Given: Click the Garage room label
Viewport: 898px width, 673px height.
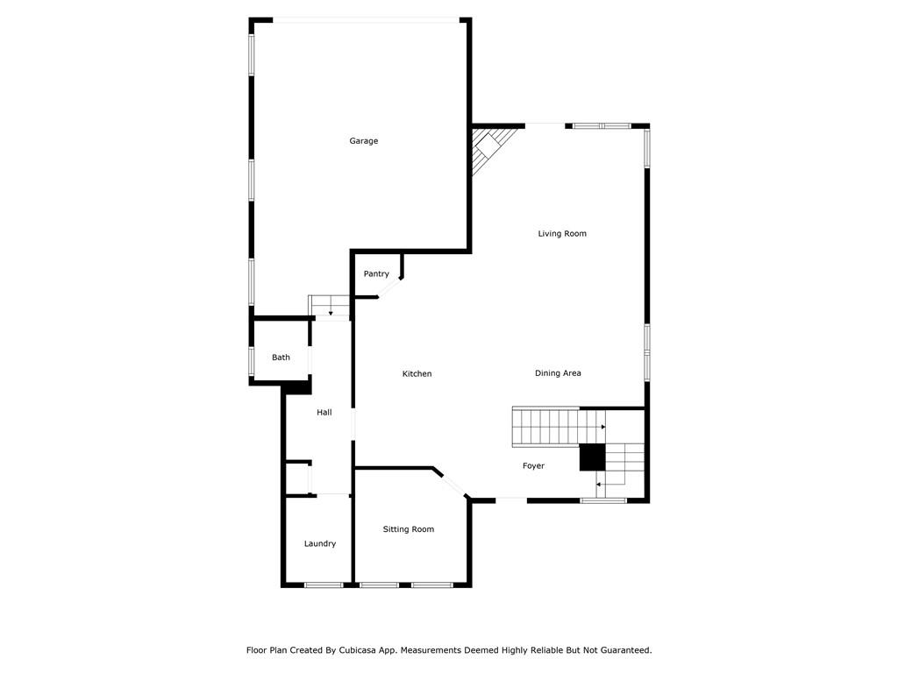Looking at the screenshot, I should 364,141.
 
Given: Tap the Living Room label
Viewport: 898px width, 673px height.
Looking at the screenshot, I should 562,234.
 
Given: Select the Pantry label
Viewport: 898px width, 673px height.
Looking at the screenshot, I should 376,274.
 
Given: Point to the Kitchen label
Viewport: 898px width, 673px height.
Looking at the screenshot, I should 417,374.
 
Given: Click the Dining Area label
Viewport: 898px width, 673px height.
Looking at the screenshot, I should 558,373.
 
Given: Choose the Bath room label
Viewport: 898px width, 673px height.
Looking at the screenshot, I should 281,358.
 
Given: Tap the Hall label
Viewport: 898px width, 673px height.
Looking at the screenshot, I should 324,413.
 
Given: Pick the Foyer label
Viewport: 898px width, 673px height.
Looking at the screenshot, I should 533,466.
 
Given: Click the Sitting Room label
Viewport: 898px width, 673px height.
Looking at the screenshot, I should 409,529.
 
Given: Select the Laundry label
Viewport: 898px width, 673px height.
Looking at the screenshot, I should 320,544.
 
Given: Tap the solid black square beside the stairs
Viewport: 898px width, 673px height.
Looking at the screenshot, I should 592,457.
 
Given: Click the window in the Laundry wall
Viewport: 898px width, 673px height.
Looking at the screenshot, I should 324,584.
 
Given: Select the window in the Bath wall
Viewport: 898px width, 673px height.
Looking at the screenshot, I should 252,360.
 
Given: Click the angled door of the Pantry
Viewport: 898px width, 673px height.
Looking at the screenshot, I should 391,288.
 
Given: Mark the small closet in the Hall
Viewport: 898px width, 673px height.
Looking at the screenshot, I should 298,478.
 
